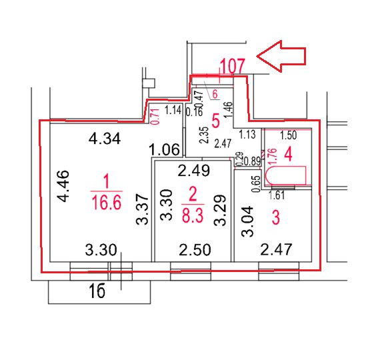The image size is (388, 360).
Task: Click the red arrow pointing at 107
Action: coord(281,56)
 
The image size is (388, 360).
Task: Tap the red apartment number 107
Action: coord(233,66)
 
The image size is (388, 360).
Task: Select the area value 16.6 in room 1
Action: coord(107,202)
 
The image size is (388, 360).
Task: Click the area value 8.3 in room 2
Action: coord(193,215)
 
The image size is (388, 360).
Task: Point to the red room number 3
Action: coord(275,217)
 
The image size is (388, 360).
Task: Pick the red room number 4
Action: coord(289,154)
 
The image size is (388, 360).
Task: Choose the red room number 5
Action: coord(216,121)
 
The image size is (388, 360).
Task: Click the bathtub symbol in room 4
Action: coord(285,176)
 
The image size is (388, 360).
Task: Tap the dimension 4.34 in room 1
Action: coord(105,139)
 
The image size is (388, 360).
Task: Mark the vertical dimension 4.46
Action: coord(63,186)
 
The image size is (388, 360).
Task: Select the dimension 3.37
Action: coord(143,209)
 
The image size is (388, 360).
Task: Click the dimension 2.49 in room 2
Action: coord(194,170)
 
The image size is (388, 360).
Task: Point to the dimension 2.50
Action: coord(195,250)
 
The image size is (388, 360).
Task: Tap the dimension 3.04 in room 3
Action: coord(248,221)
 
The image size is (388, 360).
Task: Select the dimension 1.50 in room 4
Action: coord(288,135)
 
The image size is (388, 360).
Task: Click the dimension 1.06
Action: coord(165,149)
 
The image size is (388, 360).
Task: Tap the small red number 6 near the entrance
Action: coord(215,94)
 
